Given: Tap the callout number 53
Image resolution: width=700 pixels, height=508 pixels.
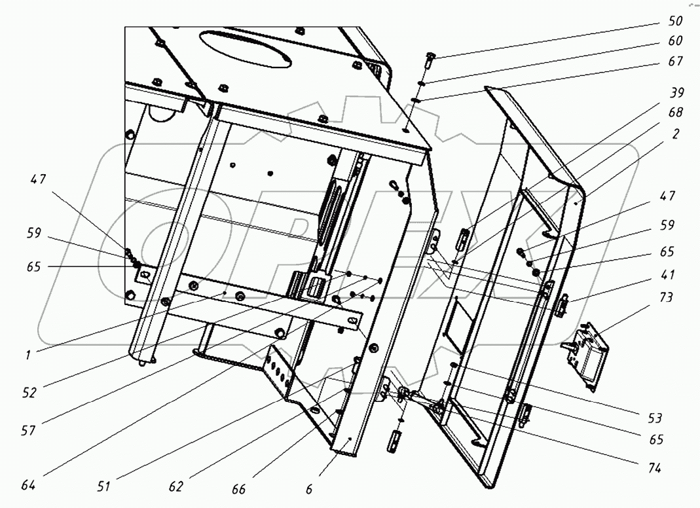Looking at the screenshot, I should click(655, 418).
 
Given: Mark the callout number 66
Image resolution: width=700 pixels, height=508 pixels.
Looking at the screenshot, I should click(240, 489).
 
